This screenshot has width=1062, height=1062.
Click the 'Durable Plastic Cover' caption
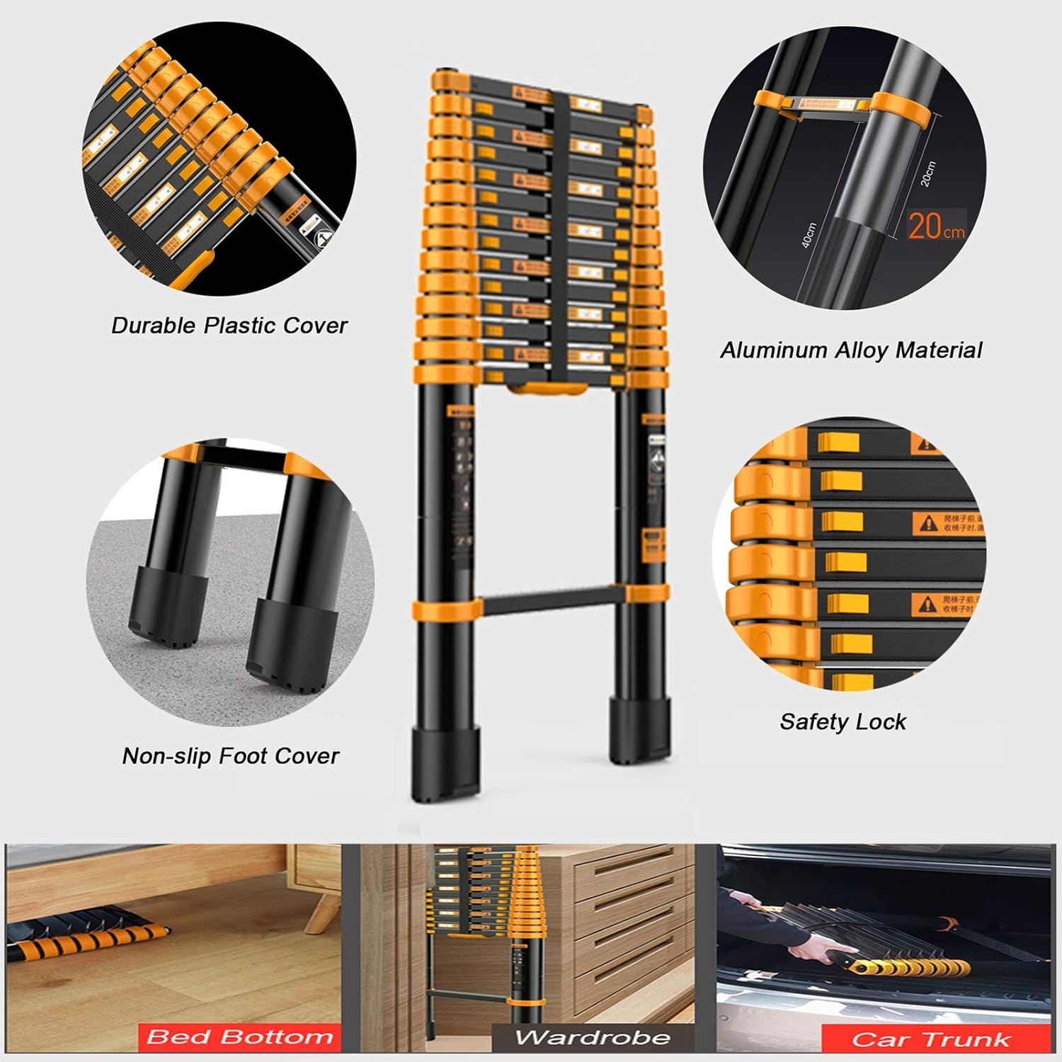point(229,326)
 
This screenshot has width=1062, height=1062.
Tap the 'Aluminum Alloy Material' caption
point(851,350)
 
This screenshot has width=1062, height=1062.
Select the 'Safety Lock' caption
point(843,721)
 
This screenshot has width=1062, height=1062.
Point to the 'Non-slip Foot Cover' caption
point(231,756)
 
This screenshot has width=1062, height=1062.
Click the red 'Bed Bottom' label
point(239,1038)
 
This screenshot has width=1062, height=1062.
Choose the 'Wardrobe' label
point(592,1039)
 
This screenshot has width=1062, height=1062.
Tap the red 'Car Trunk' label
point(931,1039)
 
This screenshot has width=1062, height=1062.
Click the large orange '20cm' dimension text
point(936,226)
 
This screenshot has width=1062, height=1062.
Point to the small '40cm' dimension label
point(809,235)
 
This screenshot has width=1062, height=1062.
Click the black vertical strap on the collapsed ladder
point(559,234)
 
